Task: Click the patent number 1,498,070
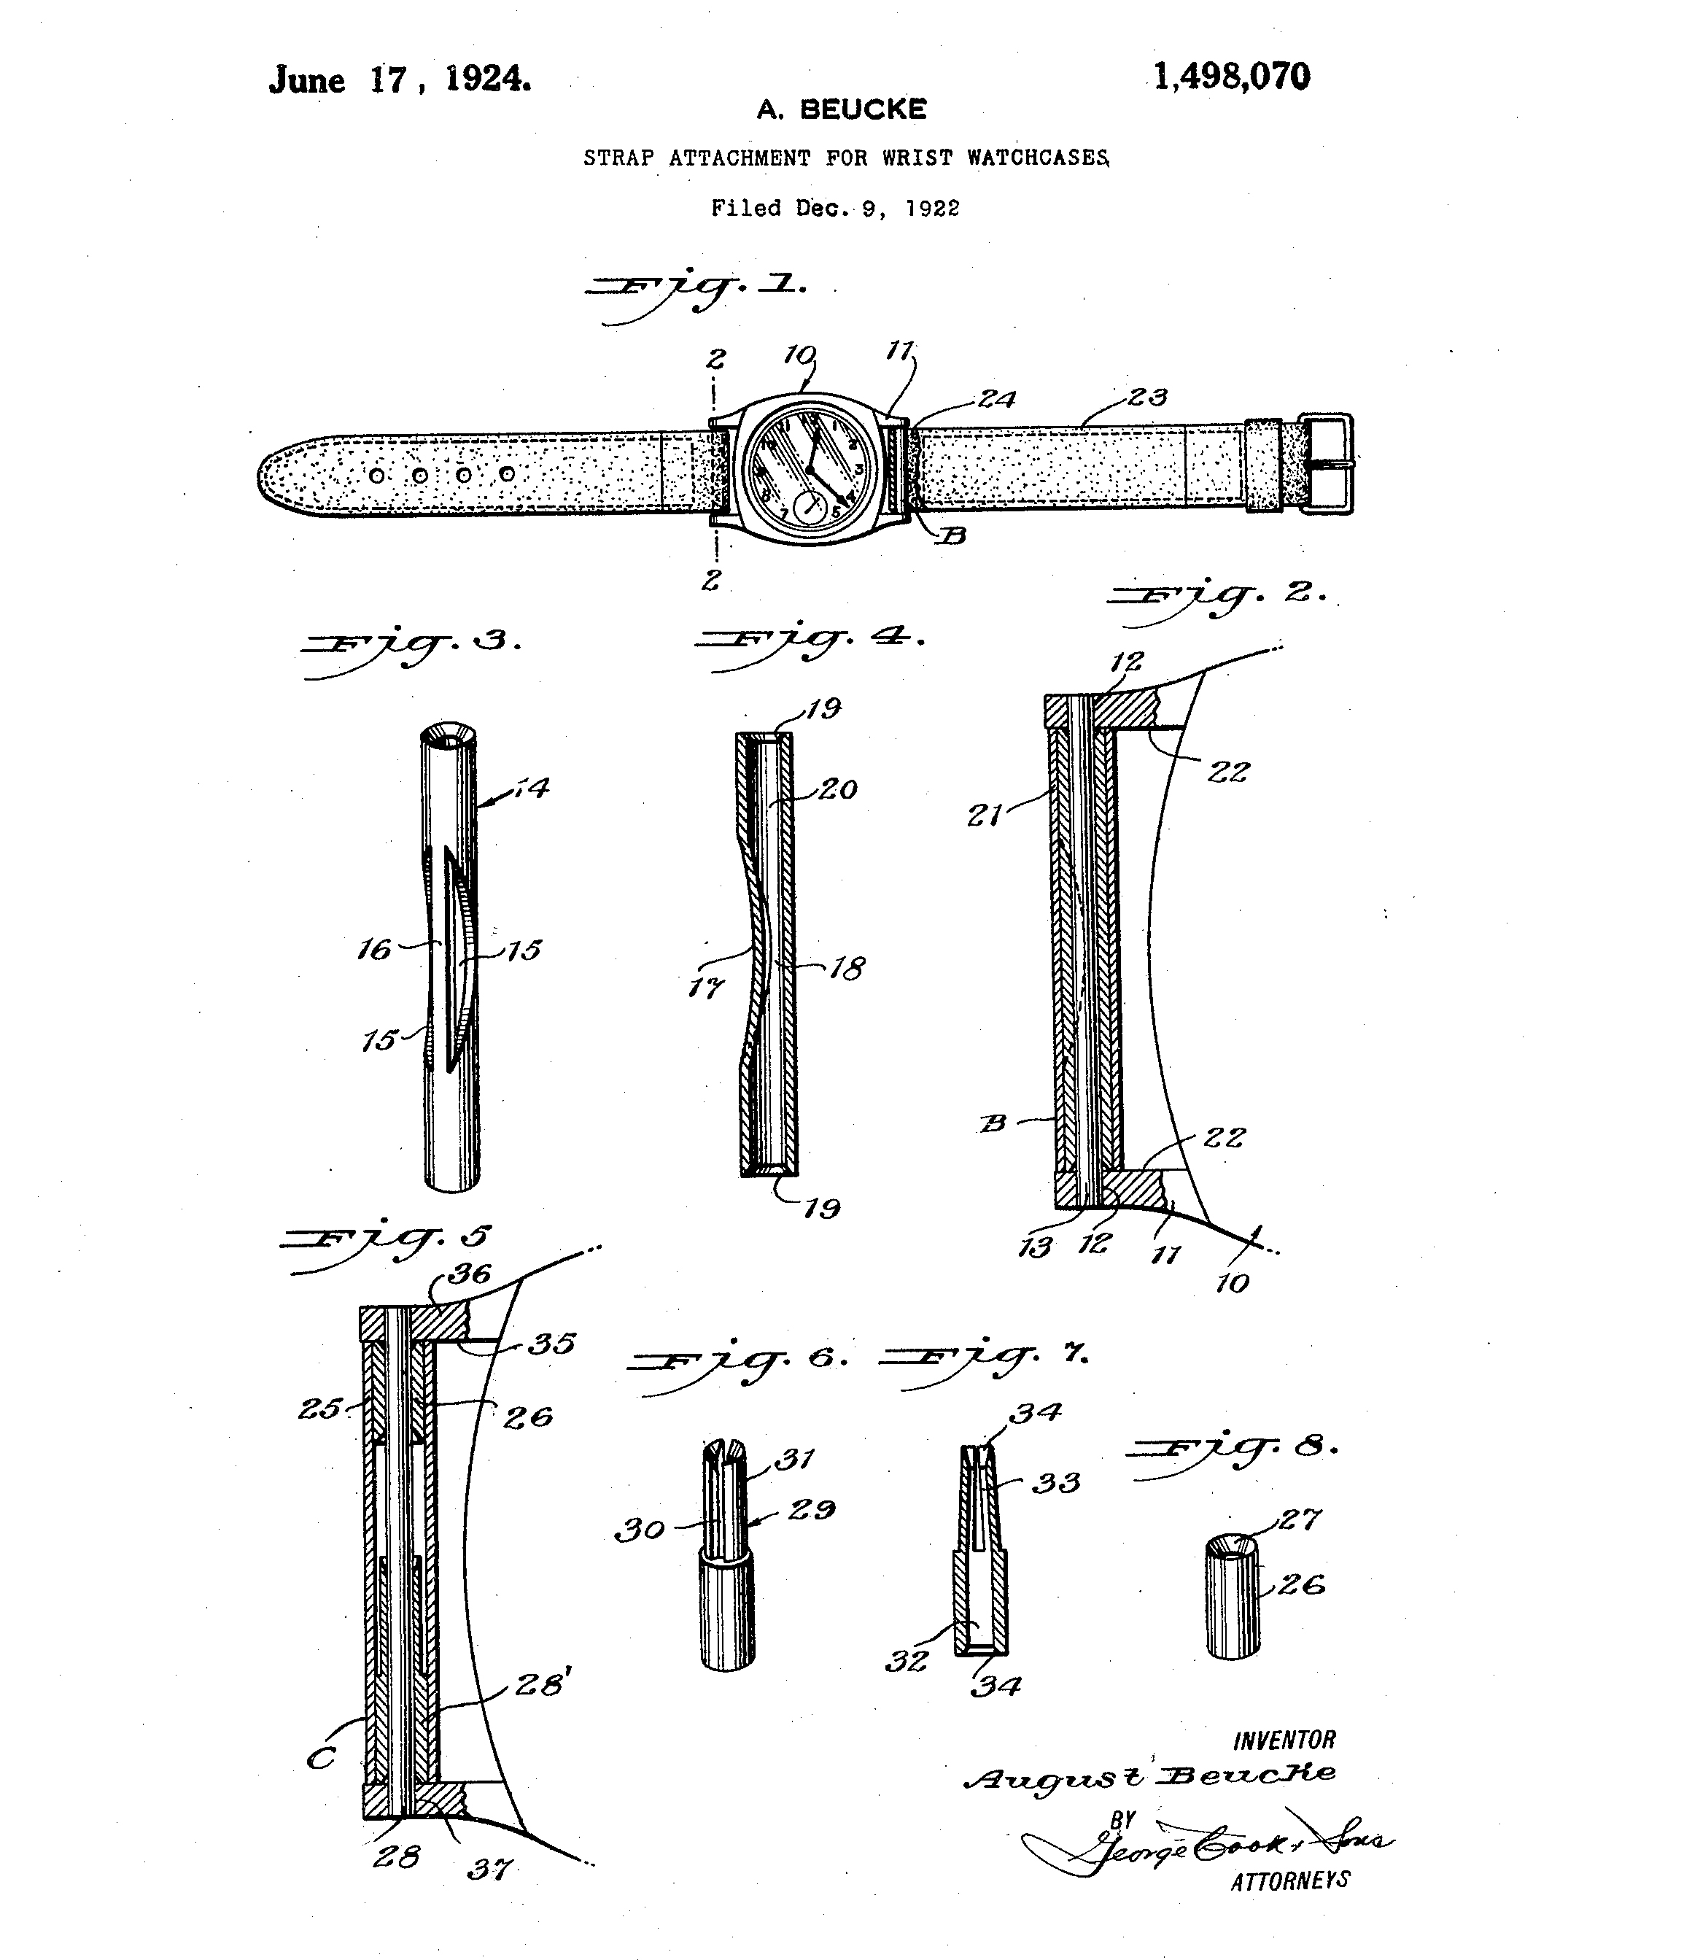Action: [x=1231, y=77]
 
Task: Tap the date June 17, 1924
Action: [x=400, y=80]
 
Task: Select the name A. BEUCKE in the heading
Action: [x=841, y=109]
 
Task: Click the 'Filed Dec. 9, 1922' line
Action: [x=835, y=208]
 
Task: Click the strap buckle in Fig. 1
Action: [x=1325, y=463]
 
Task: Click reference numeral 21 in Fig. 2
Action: [x=985, y=813]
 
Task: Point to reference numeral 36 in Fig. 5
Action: [x=470, y=1274]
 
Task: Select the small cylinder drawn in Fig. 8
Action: [x=1233, y=1597]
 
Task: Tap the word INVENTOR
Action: [x=1284, y=1740]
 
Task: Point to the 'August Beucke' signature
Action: [x=1150, y=1775]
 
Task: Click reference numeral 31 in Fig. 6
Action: [x=794, y=1460]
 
